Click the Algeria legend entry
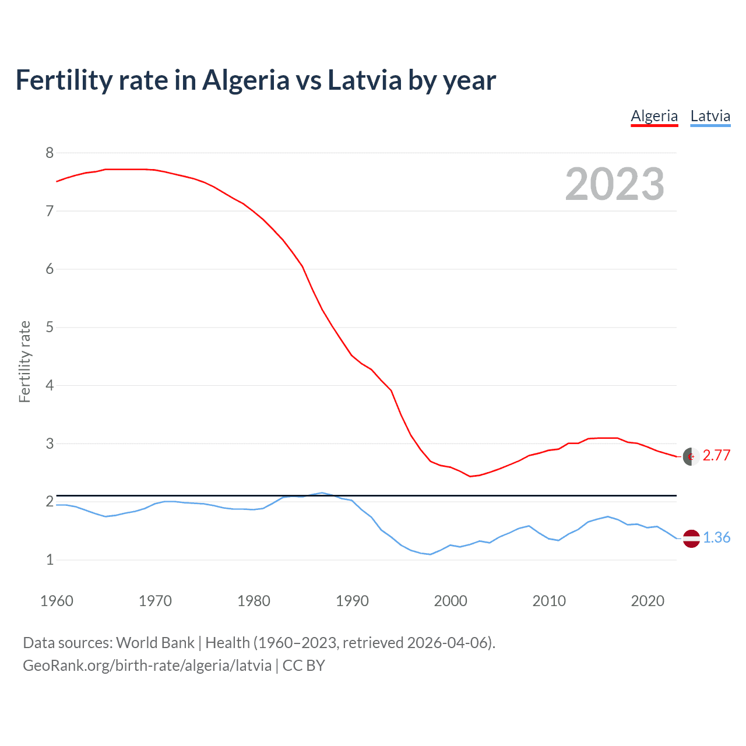point(654,116)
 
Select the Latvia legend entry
point(710,116)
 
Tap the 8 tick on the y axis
point(50,153)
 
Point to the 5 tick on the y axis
point(50,327)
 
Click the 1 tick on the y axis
point(50,559)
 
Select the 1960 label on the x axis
point(57,601)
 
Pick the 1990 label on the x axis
point(352,601)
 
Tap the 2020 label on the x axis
point(648,601)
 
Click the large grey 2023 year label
point(614,184)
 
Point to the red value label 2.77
point(716,456)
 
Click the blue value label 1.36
point(716,537)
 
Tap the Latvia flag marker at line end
point(691,539)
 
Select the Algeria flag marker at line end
point(691,456)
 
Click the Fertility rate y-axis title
point(24,361)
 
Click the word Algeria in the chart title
point(245,80)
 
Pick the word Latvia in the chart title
point(365,80)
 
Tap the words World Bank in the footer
point(155,643)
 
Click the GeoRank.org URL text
point(147,666)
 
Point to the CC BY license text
point(304,666)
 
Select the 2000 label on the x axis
point(451,601)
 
